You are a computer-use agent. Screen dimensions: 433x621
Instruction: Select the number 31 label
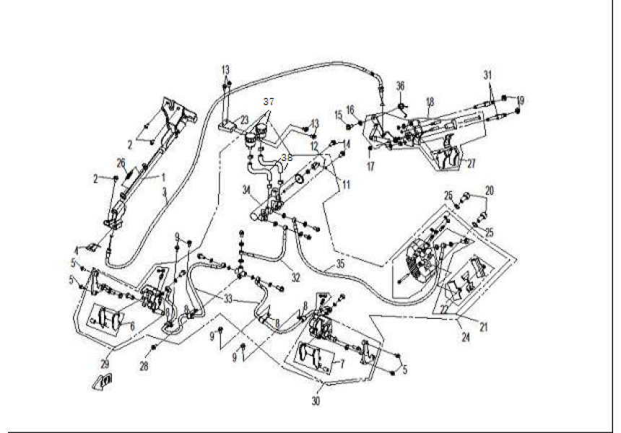click(x=487, y=74)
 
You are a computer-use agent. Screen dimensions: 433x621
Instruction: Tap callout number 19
click(x=521, y=100)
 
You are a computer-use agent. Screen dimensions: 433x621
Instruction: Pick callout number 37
click(x=269, y=100)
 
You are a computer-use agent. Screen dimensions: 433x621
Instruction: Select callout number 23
click(x=244, y=120)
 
